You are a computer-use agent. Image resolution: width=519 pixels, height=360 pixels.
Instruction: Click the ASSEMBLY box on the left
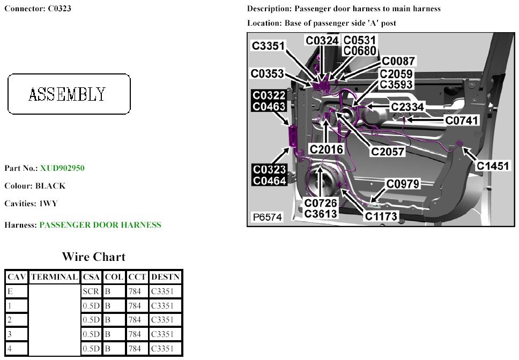pos(69,94)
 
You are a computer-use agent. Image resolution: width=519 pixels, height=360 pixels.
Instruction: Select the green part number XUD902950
pos(62,168)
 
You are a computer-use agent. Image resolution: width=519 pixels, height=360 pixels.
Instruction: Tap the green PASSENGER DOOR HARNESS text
pos(100,225)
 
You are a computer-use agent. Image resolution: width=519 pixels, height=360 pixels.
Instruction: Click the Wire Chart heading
pos(94,257)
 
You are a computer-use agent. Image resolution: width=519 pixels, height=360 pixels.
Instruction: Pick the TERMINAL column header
pos(54,277)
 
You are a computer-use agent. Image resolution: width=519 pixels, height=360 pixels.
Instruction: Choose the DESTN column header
pos(166,277)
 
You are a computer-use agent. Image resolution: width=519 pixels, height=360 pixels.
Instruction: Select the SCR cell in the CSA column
pos(91,291)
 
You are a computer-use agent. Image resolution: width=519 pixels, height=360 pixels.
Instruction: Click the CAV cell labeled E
pos(16,291)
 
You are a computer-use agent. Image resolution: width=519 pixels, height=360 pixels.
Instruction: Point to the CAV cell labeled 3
pos(16,334)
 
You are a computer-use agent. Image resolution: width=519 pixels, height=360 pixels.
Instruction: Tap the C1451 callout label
pos(493,166)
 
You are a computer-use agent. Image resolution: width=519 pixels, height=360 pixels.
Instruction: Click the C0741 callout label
pos(462,121)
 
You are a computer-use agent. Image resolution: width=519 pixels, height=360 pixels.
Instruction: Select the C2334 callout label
pos(407,107)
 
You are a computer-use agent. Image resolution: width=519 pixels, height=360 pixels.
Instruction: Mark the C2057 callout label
pos(388,152)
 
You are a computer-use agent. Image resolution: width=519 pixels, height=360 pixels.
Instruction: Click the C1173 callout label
pos(382,216)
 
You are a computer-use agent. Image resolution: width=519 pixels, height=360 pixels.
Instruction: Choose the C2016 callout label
pos(327,149)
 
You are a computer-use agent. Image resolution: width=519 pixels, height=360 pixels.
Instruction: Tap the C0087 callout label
pos(398,62)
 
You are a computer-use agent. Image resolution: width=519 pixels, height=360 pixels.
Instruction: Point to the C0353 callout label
pos(268,73)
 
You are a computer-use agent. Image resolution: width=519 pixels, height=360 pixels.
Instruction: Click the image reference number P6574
pos(268,217)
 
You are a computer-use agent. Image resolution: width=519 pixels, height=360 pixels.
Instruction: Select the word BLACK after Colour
pos(50,186)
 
